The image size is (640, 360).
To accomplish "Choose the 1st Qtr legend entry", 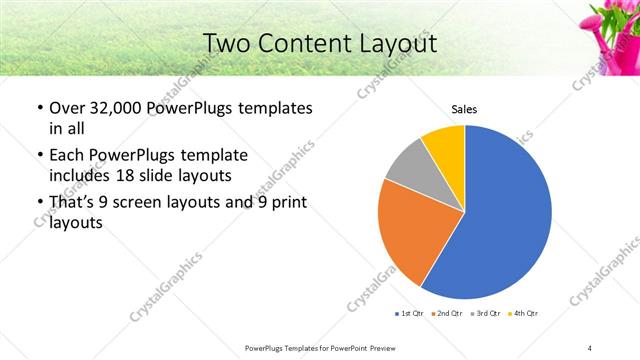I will point(411,314).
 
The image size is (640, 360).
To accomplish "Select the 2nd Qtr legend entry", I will point(448,314).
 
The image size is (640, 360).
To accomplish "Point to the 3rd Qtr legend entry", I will point(486,314).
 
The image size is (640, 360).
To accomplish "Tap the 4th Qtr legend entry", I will point(523,314).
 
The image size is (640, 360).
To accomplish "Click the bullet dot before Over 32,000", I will point(38,108).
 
